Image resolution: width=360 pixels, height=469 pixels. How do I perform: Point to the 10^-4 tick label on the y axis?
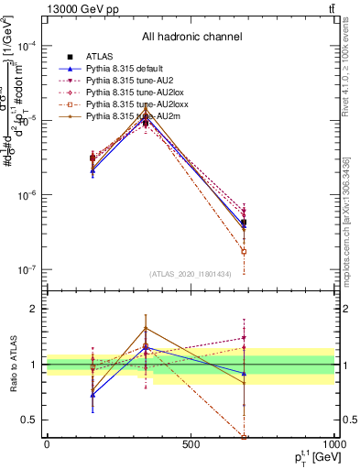(x=28, y=46)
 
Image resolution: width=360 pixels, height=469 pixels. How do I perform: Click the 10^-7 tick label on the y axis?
(x=28, y=270)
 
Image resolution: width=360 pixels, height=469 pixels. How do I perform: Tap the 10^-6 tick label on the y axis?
(x=28, y=195)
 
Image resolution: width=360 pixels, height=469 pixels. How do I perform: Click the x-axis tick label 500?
(x=191, y=445)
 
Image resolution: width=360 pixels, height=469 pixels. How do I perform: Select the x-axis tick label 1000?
(x=333, y=445)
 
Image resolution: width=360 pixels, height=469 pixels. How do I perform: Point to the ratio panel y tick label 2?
(x=35, y=309)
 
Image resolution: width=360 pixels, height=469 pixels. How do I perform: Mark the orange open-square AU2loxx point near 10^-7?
(x=244, y=251)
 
